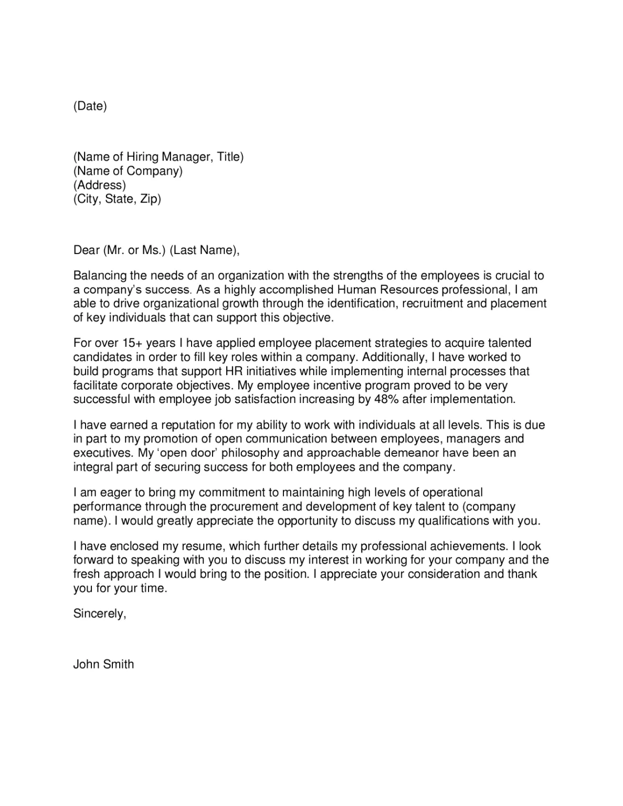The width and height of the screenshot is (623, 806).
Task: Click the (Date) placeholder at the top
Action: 90,106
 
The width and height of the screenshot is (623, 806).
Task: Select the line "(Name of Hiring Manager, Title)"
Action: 158,157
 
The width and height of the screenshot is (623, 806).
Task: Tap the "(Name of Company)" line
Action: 128,171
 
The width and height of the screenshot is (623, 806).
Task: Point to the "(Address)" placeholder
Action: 99,185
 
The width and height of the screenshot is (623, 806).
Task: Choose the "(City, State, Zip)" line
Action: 117,199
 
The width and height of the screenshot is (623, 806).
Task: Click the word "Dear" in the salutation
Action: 86,250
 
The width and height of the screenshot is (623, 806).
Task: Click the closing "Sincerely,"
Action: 99,613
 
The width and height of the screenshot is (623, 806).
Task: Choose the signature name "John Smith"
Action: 103,664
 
